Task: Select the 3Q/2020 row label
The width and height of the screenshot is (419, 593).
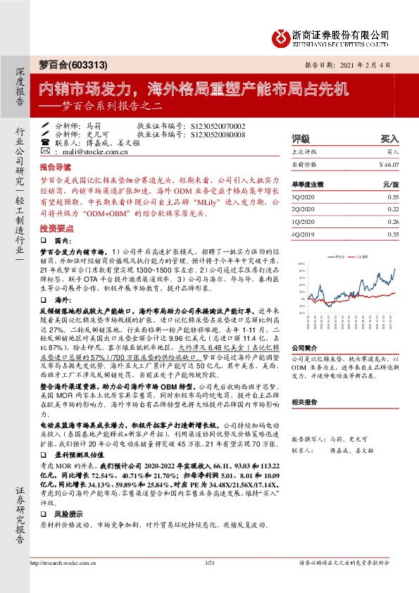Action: coord(304,197)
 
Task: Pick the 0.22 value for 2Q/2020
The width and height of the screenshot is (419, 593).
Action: coord(393,209)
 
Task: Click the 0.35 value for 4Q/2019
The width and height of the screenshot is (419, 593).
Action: coord(393,234)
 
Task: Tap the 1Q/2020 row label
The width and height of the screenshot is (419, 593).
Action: coord(304,222)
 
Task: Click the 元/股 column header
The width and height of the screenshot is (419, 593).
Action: coord(390,184)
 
